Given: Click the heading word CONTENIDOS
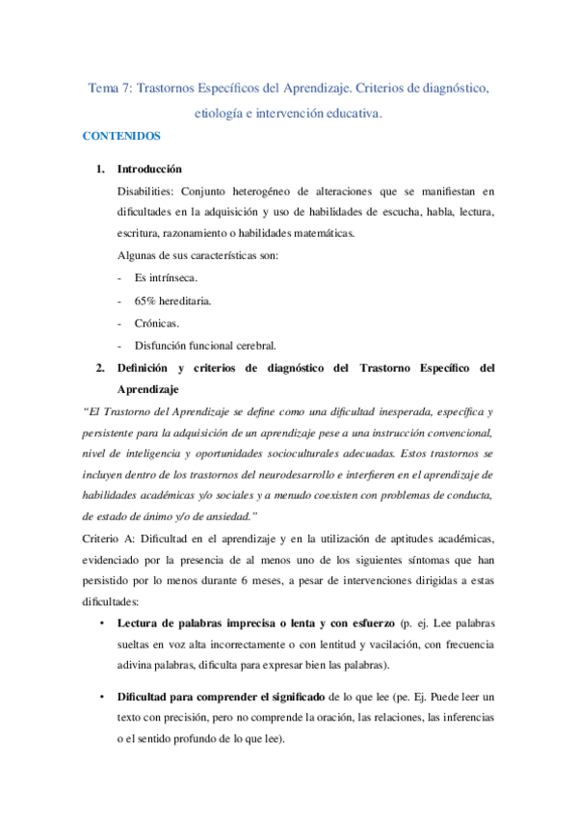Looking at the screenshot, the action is click(x=120, y=137).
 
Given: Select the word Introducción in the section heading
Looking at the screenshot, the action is click(x=149, y=168).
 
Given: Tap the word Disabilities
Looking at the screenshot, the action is click(x=144, y=191).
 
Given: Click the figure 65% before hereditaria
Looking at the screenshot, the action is click(x=147, y=301).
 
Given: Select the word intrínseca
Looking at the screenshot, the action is click(x=173, y=277).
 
